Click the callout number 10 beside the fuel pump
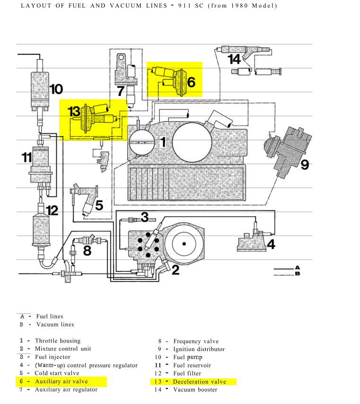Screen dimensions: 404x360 click(x=55, y=89)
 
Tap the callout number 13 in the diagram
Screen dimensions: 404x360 click(x=74, y=112)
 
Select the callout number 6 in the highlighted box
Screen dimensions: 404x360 click(x=191, y=82)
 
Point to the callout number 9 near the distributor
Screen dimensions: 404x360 click(x=305, y=164)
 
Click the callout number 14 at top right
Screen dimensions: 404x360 click(x=235, y=59)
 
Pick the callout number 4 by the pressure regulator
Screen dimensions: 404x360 click(x=271, y=244)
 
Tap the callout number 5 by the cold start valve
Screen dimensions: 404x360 click(x=99, y=205)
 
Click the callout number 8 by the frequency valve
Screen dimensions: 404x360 click(x=87, y=250)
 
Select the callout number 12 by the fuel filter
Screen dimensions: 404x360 click(x=52, y=210)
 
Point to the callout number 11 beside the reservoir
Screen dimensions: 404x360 click(x=26, y=157)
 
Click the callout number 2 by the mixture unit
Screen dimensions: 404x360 click(x=176, y=270)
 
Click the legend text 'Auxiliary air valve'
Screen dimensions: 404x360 click(x=61, y=381)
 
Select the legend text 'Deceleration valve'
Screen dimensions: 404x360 click(x=200, y=382)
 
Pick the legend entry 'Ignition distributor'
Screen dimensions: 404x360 click(x=199, y=349)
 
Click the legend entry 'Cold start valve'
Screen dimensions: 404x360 click(x=56, y=373)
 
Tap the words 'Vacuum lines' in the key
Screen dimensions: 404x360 click(x=55, y=325)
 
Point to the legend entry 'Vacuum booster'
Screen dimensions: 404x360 click(x=195, y=390)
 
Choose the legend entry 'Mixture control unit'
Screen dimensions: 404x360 click(x=63, y=349)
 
